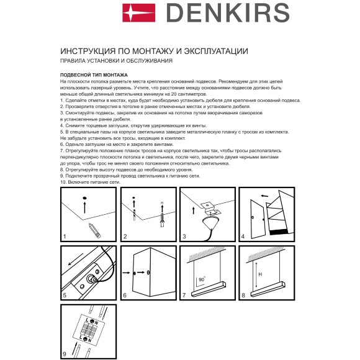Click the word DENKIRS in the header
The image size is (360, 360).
click(230, 12)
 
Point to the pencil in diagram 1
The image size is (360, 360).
click(95, 228)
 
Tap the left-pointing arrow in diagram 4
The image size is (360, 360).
click(264, 196)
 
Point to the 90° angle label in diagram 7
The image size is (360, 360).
click(201, 280)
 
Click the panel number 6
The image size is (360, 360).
click(125, 295)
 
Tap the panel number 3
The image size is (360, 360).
click(184, 236)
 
